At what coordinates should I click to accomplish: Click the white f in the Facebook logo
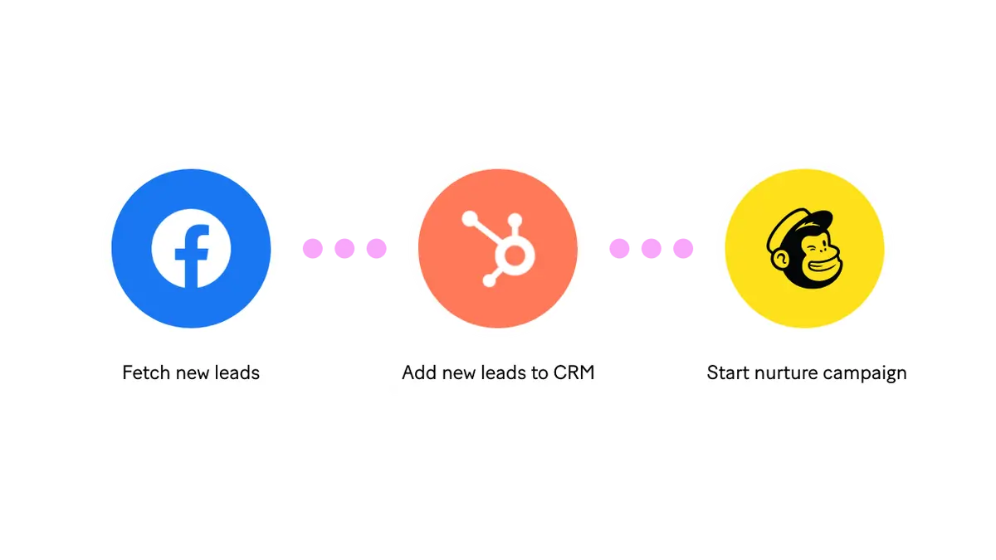point(193,253)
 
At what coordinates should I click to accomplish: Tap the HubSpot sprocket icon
point(498,248)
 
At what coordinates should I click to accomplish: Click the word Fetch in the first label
point(142,373)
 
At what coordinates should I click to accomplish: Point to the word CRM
point(574,373)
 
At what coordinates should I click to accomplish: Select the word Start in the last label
point(726,373)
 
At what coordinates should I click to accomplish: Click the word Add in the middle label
point(419,373)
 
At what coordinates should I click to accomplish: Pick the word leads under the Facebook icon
point(237,373)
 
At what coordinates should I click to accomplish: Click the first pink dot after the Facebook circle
point(312,248)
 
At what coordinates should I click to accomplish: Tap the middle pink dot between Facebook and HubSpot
point(344,248)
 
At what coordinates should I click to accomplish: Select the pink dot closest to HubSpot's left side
point(376,248)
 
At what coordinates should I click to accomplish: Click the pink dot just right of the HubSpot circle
point(618,248)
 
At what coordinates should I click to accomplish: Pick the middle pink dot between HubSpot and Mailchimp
point(650,248)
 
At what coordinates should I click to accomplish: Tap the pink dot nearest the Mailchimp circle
point(682,248)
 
